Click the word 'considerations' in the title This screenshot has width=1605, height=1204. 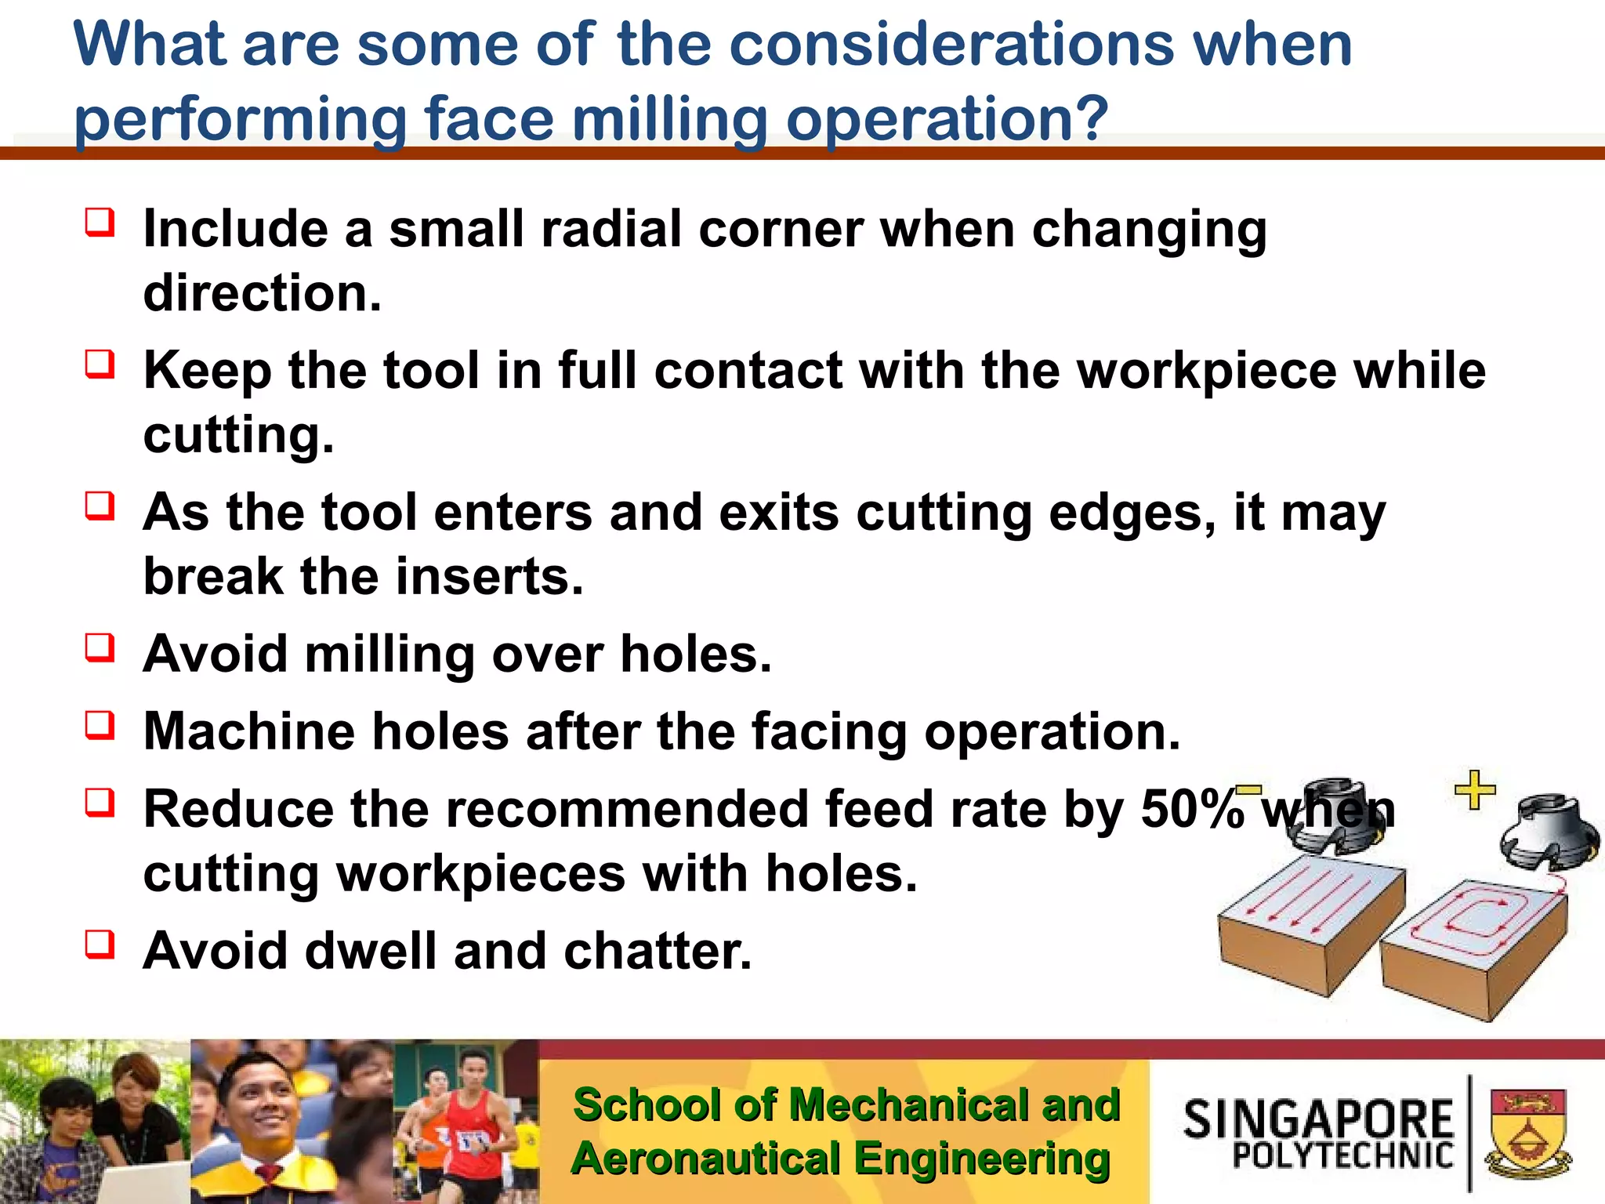pyautogui.click(x=951, y=45)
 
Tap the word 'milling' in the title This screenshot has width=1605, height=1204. pyautogui.click(x=669, y=120)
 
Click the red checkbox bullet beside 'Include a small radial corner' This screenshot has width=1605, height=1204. pyautogui.click(x=100, y=223)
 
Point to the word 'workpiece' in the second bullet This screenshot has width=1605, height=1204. pyautogui.click(x=1206, y=371)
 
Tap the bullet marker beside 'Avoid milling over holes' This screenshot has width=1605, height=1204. pyautogui.click(x=100, y=647)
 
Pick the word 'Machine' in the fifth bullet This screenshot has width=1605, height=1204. pyautogui.click(x=249, y=732)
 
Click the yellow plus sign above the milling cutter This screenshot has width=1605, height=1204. pyautogui.click(x=1475, y=789)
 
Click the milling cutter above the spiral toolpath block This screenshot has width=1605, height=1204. pyautogui.click(x=1549, y=834)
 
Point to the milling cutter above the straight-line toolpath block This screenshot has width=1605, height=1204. pyautogui.click(x=1335, y=815)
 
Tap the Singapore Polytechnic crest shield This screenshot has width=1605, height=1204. pyautogui.click(x=1527, y=1132)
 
